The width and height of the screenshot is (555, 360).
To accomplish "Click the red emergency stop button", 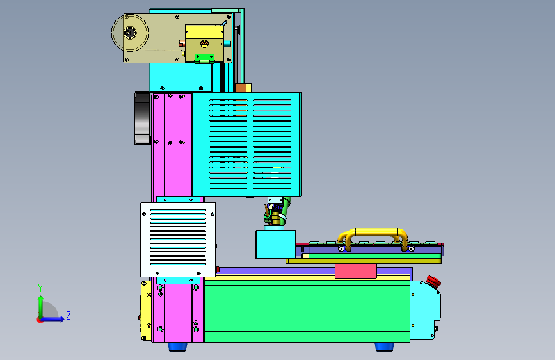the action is [433, 282].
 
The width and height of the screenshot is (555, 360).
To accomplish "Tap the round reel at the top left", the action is [130, 33].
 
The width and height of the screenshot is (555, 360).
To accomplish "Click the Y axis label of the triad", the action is [40, 288].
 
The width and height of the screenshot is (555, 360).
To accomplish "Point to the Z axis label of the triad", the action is [68, 315].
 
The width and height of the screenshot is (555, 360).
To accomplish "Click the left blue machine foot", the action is [178, 346].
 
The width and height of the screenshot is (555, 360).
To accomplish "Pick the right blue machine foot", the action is [384, 346].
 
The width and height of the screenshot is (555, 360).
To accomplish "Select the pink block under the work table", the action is [356, 271].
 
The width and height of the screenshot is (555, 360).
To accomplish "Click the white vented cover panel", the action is [178, 240].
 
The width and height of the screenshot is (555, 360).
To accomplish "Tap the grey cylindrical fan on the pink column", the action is [142, 119].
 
